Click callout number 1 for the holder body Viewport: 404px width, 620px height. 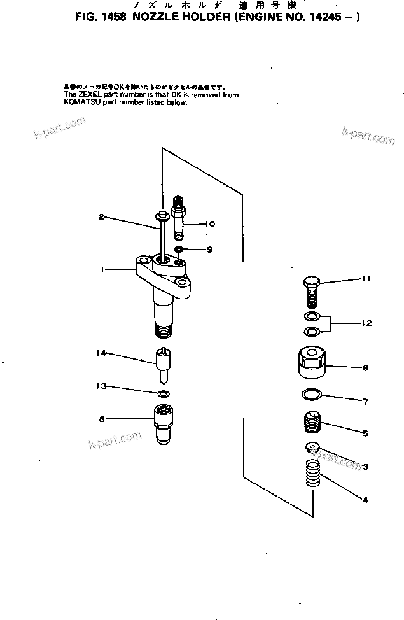click(101, 270)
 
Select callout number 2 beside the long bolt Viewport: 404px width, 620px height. click(101, 217)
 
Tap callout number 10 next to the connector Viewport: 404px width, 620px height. click(210, 224)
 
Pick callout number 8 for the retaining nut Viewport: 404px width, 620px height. click(101, 418)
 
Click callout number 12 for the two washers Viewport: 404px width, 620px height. click(366, 323)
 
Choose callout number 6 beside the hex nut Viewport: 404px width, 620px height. click(365, 368)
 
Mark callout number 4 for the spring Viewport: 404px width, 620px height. click(365, 500)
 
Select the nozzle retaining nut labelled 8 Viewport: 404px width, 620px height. click(165, 422)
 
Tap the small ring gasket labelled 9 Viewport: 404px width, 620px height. click(179, 248)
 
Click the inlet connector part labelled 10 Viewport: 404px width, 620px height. click(180, 216)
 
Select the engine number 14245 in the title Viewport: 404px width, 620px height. click(328, 18)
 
